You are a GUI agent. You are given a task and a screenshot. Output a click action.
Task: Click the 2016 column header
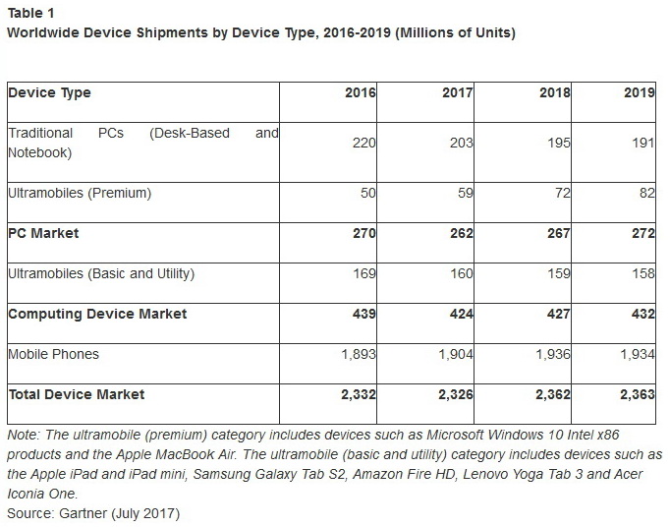tap(360, 93)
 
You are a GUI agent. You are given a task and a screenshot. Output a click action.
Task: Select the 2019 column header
tap(639, 93)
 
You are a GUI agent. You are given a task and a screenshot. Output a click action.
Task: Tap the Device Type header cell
tap(49, 93)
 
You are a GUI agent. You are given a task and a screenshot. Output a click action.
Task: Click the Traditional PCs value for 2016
tap(363, 144)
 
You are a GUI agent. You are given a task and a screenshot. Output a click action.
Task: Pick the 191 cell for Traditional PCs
tap(642, 144)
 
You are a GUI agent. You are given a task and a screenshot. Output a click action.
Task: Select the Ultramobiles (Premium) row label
tap(80, 193)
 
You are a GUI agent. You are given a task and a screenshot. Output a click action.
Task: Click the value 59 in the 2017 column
tap(465, 194)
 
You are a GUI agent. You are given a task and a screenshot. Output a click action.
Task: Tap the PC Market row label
tap(44, 234)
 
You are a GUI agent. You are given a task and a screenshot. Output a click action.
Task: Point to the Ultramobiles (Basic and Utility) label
tap(101, 273)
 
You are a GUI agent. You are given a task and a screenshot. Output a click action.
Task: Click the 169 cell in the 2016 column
tap(363, 274)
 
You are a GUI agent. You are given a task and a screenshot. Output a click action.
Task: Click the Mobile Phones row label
tap(53, 354)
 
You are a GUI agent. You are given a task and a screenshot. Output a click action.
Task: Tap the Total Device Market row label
tap(77, 394)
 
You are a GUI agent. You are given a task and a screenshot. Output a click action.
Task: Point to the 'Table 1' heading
tap(31, 14)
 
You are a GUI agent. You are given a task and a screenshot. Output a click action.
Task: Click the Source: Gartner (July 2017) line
tap(93, 513)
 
